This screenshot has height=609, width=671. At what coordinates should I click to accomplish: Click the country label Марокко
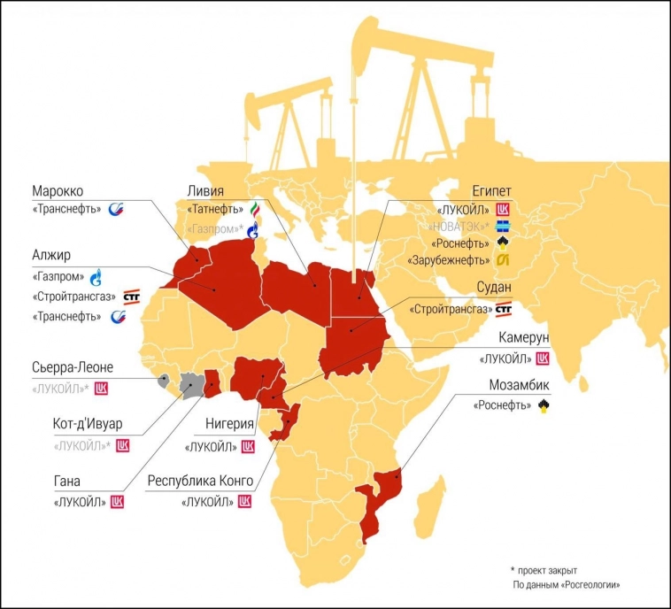(x=58, y=191)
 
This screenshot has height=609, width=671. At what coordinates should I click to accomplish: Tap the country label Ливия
(x=206, y=191)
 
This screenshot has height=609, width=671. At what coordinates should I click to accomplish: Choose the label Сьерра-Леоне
(x=72, y=368)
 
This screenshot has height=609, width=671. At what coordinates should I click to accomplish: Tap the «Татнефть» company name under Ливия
(x=215, y=209)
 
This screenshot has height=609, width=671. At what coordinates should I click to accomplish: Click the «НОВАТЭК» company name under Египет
(x=466, y=226)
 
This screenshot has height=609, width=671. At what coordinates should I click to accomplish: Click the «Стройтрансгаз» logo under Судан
(x=503, y=309)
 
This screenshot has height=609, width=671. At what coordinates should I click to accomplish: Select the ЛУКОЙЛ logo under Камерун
(x=543, y=358)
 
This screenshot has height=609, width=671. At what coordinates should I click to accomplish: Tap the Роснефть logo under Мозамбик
(x=543, y=405)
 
